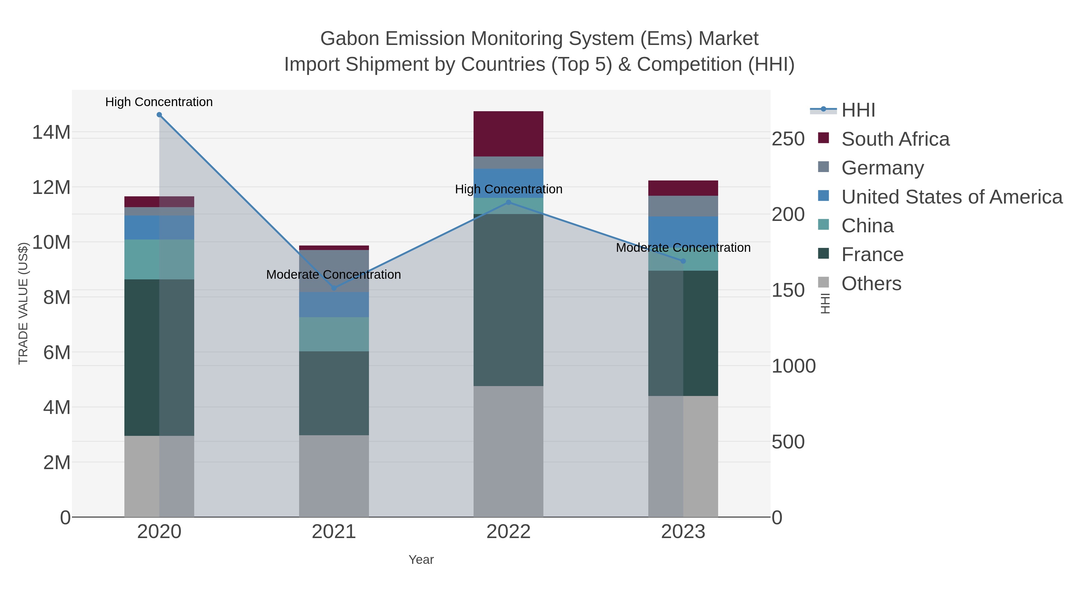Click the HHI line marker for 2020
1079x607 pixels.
(x=159, y=115)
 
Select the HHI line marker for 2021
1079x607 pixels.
(x=334, y=288)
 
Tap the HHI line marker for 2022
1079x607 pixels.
(x=509, y=202)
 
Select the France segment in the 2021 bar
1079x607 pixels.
(x=334, y=393)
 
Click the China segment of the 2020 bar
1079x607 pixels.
(x=159, y=259)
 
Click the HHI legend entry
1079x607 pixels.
(x=858, y=110)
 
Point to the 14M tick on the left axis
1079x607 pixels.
(x=51, y=132)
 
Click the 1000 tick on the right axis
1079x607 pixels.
(x=793, y=366)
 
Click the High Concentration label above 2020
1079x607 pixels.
(x=159, y=102)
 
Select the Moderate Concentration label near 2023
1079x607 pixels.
(x=683, y=248)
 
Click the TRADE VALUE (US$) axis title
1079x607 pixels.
(x=23, y=303)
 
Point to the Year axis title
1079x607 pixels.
(x=421, y=560)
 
